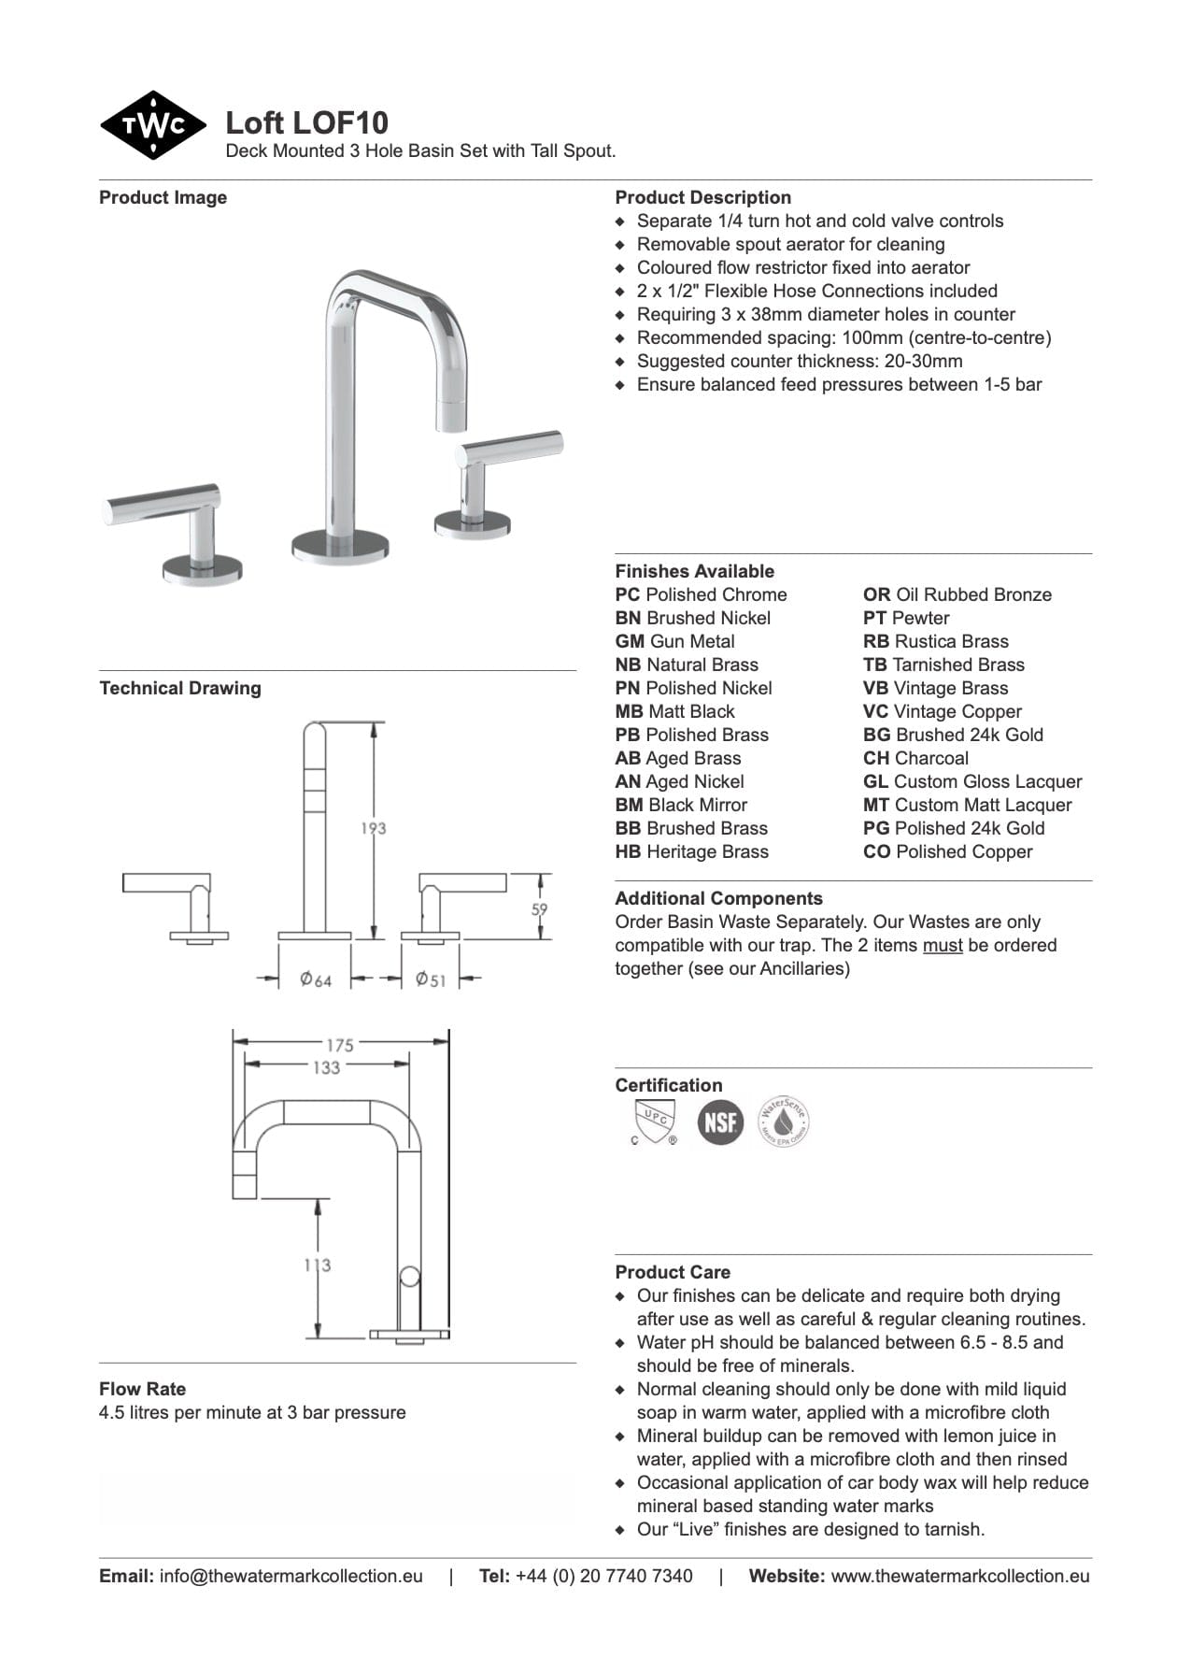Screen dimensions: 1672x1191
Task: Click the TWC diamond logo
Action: pos(153,125)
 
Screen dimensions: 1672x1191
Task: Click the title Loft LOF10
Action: pos(306,122)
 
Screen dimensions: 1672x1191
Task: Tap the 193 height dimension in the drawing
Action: pos(373,828)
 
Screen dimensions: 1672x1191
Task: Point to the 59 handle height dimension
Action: pos(539,907)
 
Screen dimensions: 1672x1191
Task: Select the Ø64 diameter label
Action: pos(316,979)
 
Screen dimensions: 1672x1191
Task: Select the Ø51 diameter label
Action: pos(431,979)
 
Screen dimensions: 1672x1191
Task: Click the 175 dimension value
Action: pos(339,1045)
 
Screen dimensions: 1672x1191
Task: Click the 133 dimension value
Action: pos(326,1067)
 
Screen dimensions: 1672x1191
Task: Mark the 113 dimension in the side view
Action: pos(318,1265)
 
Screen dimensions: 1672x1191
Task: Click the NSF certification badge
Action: pos(720,1122)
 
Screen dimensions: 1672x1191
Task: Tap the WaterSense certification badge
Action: pos(783,1122)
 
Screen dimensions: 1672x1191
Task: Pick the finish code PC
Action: pos(627,595)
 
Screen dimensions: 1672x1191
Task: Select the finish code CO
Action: pos(876,852)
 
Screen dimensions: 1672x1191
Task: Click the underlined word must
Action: pos(942,946)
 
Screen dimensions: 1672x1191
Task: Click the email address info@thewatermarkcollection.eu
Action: pos(291,1576)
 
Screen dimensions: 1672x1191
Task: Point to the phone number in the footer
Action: pos(603,1576)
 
